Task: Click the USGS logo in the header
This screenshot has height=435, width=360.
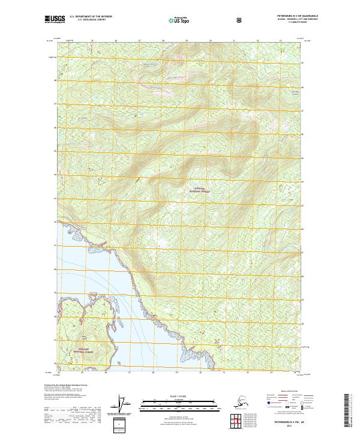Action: coord(54,21)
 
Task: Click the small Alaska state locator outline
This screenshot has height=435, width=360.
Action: coord(233,404)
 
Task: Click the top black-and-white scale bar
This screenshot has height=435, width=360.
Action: coord(179,400)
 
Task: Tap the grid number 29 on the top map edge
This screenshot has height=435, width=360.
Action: coord(186,41)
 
